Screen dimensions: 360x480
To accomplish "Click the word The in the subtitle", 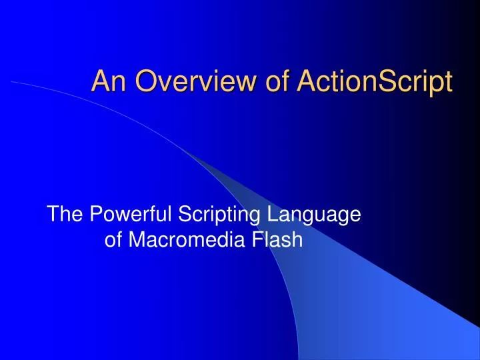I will (65, 215).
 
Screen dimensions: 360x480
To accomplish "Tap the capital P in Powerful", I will (95, 215).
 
